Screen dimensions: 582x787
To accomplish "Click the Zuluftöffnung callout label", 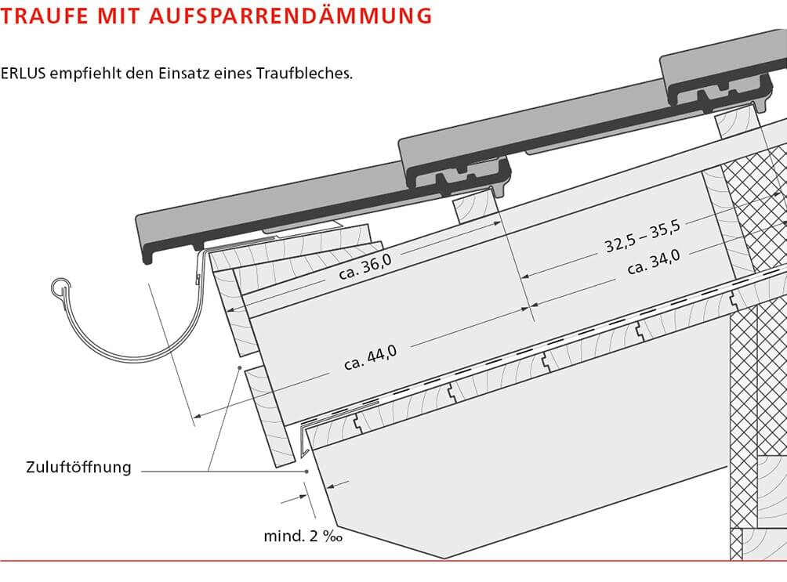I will (78, 468).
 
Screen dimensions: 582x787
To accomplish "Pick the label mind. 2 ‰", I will (303, 537).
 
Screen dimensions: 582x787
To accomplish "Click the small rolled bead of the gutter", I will (59, 287).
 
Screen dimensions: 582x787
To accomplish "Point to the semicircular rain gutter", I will (125, 345).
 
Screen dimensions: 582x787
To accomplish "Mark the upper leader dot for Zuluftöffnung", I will (238, 367).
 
